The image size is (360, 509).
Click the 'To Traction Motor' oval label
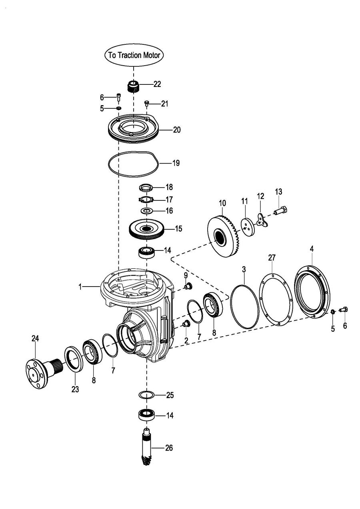point(134,55)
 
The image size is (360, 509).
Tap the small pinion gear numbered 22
point(133,86)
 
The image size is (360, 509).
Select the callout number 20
point(176,130)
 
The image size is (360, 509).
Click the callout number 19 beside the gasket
point(176,163)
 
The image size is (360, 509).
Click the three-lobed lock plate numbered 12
point(262,220)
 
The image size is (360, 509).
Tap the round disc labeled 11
point(248,227)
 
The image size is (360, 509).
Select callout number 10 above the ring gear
point(222,203)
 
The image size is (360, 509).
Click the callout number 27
point(272,258)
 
